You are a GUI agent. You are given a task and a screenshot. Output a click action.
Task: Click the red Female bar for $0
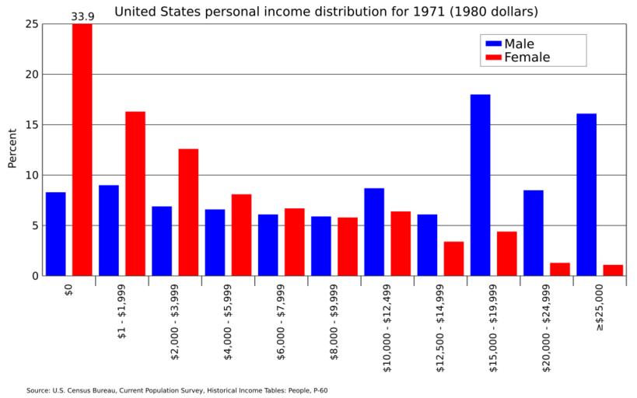pos(82,149)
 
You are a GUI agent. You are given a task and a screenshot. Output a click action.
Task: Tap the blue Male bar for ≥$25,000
pos(586,194)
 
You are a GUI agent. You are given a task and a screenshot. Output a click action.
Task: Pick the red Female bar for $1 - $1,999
pos(135,194)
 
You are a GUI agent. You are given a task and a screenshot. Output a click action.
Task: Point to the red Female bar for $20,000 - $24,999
pos(560,269)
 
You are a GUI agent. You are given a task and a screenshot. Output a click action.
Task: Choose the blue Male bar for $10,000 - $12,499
pos(374,232)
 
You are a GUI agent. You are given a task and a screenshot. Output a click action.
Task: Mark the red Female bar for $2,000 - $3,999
pos(188,212)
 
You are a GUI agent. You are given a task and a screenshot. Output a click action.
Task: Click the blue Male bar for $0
pos(55,234)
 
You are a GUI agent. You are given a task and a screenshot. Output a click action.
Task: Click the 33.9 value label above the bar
pos(82,16)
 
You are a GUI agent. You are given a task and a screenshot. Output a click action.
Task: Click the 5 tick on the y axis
pos(33,225)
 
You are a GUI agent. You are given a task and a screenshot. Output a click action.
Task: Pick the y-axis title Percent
pos(12,148)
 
